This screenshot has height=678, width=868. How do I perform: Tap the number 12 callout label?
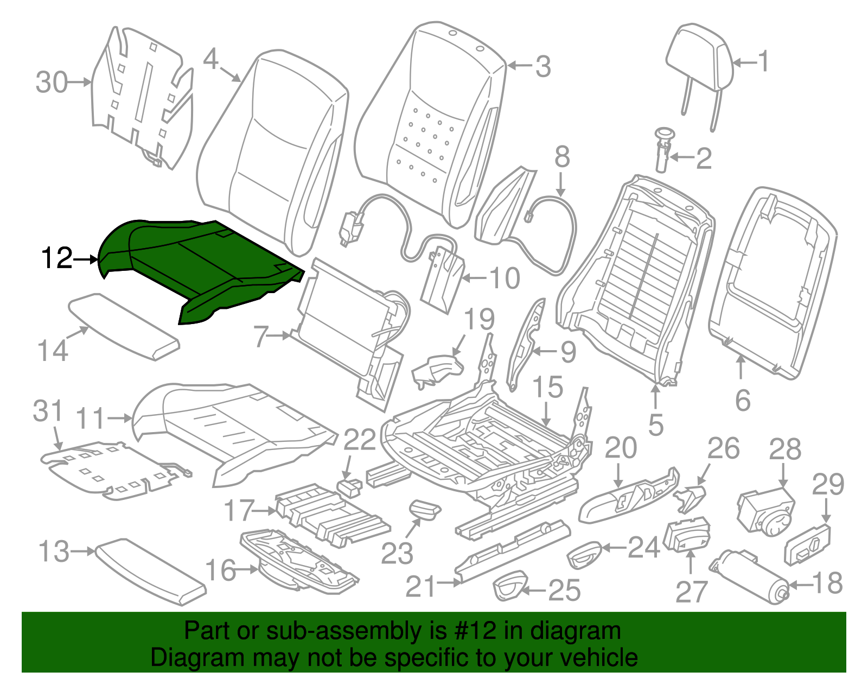[56, 258]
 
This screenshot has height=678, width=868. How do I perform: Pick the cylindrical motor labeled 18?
[751, 575]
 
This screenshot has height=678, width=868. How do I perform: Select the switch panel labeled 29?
[807, 544]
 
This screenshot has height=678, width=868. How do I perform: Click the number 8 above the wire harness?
[562, 157]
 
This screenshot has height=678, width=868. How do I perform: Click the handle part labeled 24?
[584, 554]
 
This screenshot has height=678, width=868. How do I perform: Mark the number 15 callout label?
[547, 388]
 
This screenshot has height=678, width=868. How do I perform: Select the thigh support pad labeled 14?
[124, 325]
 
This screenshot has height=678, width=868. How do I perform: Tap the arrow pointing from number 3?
[519, 66]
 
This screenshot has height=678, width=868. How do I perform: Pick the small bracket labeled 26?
[690, 497]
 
